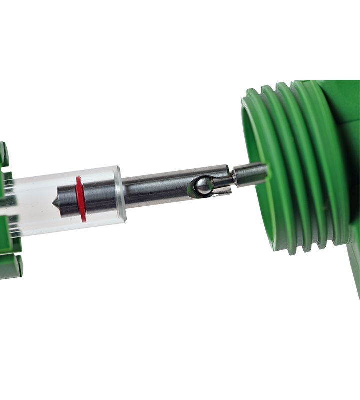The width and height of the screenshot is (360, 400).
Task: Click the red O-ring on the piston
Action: pos(80,199)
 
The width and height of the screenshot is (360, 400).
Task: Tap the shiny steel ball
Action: pos(203,186)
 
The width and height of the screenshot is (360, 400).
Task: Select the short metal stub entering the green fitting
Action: pos(250,174)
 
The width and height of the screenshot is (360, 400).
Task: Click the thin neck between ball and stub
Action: pos(223,181)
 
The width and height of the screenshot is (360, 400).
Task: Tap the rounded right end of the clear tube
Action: pos(120,195)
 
